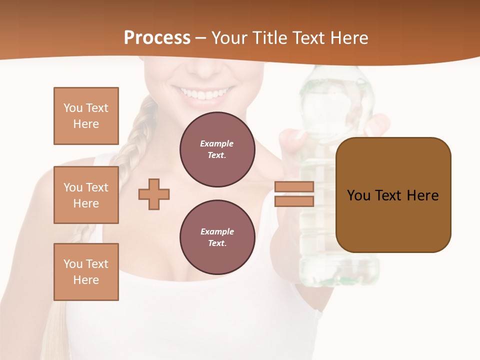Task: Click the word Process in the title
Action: [x=157, y=38]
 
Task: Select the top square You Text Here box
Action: [x=86, y=116]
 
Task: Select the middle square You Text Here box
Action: [x=86, y=195]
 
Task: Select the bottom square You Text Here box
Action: [x=86, y=272]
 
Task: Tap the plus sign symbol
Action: [x=154, y=194]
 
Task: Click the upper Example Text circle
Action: [x=217, y=149]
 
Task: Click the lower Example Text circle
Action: [x=217, y=237]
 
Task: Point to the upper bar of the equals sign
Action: [x=294, y=186]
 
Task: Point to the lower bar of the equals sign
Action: [x=294, y=201]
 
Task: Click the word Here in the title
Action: [x=349, y=38]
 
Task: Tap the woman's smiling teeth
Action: [x=202, y=93]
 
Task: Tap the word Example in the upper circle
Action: [x=217, y=143]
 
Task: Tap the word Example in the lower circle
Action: [x=217, y=231]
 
